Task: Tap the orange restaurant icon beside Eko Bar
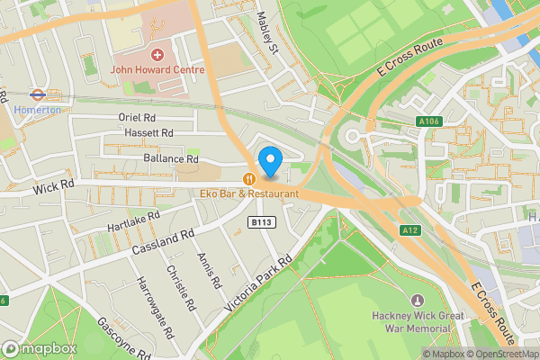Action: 248,178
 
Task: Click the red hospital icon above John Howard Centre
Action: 157,54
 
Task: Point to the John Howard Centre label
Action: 157,69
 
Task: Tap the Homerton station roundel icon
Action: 37,93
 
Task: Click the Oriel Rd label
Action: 137,117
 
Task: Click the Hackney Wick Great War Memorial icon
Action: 416,300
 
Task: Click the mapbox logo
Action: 38,347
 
